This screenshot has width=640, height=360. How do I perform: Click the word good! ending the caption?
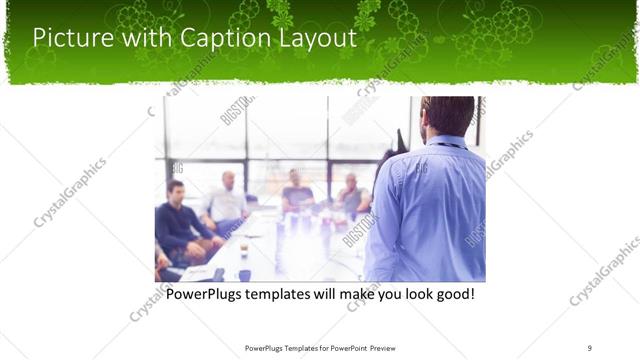coord(451,296)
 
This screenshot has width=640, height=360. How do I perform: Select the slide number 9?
coord(590,347)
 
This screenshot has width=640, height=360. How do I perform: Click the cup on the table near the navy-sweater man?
coord(244,248)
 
